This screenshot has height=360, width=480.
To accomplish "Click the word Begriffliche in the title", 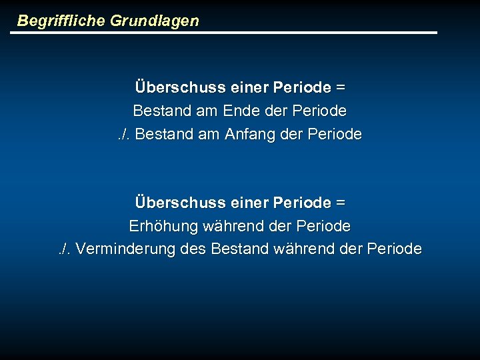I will point(61,21).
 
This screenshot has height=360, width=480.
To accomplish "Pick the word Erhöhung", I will point(163,226).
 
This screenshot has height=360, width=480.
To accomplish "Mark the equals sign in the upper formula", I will point(341,87).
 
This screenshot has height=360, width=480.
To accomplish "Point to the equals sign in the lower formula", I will point(341,202).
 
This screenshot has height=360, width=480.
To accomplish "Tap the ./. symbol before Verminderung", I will point(66,249).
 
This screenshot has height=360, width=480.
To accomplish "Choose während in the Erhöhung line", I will point(234,226).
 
